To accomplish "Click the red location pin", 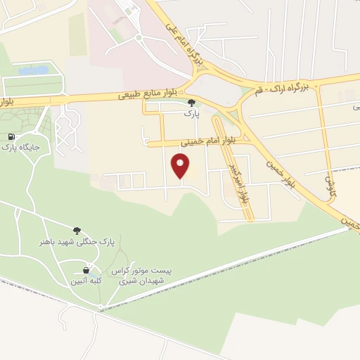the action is (181, 166).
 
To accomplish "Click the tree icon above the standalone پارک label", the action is (191, 103).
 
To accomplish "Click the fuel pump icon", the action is (12, 136).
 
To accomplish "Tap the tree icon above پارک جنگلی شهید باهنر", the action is (77, 230).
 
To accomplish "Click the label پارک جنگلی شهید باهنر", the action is (77, 242).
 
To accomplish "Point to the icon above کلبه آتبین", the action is (86, 270).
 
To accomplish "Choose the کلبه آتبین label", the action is (86, 281).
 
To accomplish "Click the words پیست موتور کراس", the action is (145, 271).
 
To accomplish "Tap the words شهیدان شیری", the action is (143, 281).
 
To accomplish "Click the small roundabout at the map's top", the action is (139, 37).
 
